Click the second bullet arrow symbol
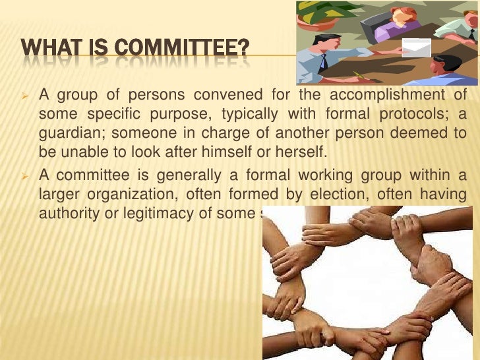pos(27,175)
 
